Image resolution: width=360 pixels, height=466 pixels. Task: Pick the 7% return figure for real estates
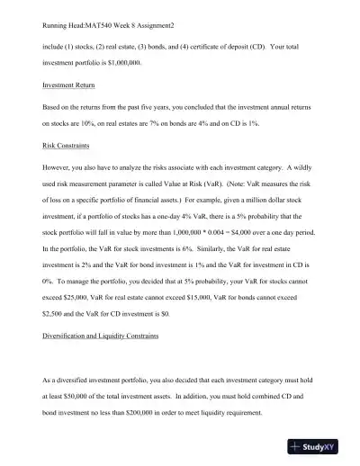[x=150, y=126]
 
